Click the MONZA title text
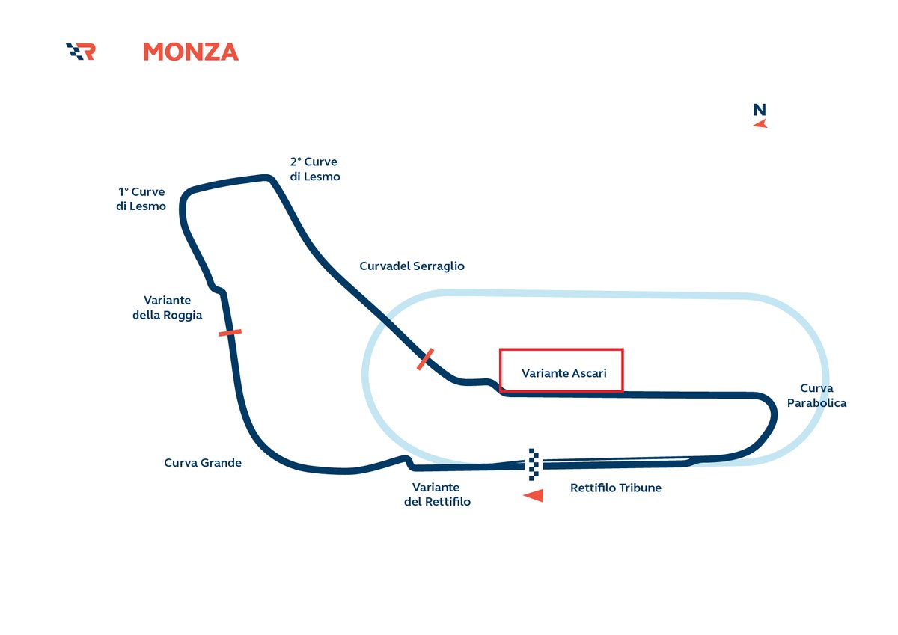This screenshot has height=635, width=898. (190, 52)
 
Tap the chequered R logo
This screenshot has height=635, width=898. (81, 52)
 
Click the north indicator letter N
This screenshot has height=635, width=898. (760, 110)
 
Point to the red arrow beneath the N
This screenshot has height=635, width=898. (760, 123)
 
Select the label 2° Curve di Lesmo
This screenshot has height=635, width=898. (314, 169)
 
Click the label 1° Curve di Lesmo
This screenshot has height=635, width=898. (141, 199)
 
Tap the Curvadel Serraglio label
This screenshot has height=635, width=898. (412, 266)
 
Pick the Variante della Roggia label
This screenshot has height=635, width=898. (167, 307)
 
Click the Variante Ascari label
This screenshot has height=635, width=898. (563, 373)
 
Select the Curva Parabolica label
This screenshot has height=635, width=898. (816, 396)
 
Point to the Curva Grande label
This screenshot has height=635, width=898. (203, 463)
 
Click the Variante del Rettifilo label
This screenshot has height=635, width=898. (437, 494)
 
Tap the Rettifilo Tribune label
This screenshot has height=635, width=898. (615, 488)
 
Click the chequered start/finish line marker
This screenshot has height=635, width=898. (533, 464)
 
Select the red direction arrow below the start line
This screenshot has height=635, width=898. (533, 495)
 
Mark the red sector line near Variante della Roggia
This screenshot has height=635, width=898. (230, 332)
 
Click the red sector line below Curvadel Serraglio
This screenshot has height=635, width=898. (425, 359)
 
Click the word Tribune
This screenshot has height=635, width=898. (638, 488)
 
